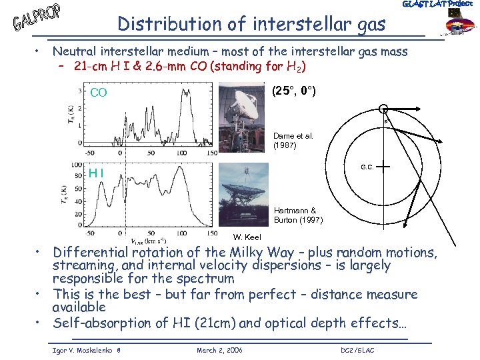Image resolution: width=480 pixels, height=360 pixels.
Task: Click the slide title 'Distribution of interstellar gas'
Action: tap(251, 24)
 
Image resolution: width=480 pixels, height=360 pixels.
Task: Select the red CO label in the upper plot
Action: tap(99, 93)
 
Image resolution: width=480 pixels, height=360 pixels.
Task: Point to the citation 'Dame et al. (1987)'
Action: tap(293, 141)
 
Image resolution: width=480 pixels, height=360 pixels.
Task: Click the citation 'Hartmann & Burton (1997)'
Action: tap(295, 215)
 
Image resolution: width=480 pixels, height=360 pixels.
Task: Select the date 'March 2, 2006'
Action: tap(220, 350)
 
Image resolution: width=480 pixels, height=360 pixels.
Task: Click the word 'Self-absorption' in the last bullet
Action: tap(97, 324)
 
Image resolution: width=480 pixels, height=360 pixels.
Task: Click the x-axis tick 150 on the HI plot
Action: tap(212, 233)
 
